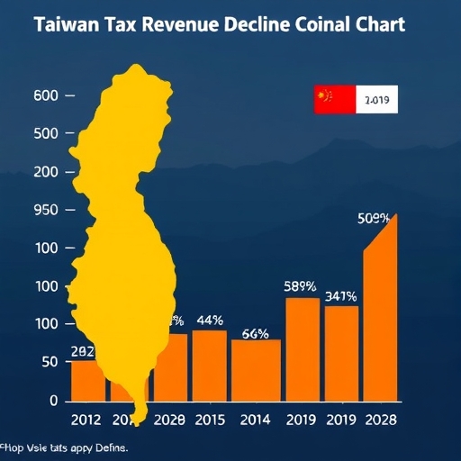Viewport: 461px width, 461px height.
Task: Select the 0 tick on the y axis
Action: (x=53, y=400)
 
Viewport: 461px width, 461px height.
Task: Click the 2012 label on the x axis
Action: (x=88, y=420)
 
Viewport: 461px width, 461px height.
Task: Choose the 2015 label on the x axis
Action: (x=209, y=420)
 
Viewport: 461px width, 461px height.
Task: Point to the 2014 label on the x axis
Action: (x=256, y=420)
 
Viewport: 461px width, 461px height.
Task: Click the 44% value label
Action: (x=210, y=320)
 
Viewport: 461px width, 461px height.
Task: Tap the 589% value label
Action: (x=300, y=287)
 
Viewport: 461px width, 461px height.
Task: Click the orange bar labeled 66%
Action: (x=257, y=370)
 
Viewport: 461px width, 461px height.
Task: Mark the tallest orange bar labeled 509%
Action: (x=379, y=315)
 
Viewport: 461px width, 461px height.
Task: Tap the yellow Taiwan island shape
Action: (x=126, y=225)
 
